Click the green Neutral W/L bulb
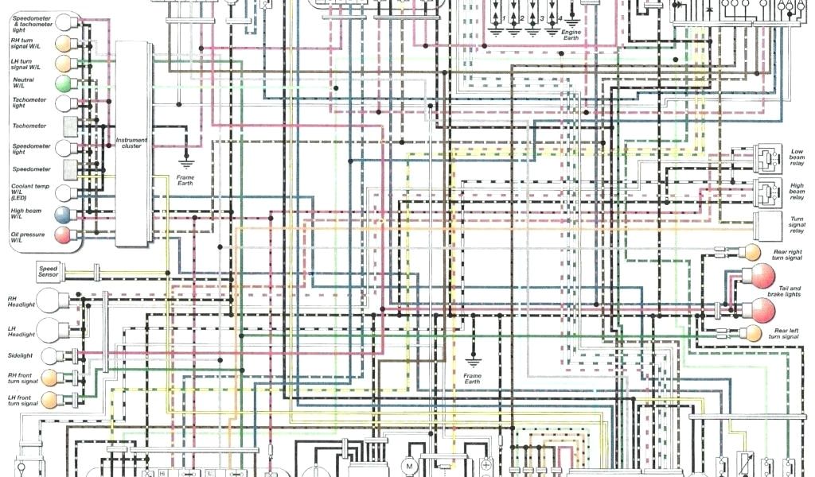click(x=63, y=83)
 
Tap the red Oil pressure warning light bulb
click(x=63, y=235)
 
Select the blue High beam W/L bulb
click(x=63, y=214)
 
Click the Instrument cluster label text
click(x=132, y=142)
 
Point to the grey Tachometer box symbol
click(x=70, y=126)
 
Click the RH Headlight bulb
click(x=54, y=302)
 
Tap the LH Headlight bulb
click(x=54, y=329)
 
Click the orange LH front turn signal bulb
click(x=51, y=399)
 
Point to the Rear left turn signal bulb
click(x=751, y=332)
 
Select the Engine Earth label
click(x=571, y=35)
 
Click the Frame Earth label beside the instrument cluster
click(x=185, y=180)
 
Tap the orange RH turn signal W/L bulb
click(x=63, y=43)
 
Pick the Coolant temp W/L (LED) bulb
click(x=63, y=192)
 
